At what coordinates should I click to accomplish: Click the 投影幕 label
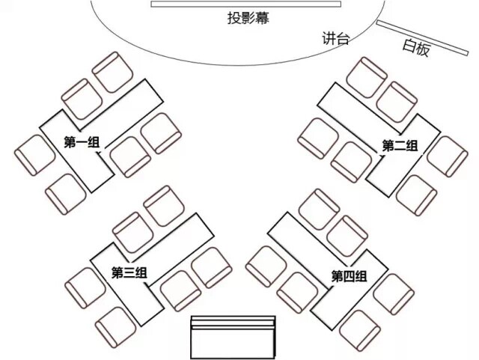248,19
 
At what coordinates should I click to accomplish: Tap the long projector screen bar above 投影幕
245,4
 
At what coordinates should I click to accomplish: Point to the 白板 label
416,47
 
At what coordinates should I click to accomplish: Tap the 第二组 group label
400,145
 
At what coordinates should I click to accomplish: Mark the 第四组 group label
349,276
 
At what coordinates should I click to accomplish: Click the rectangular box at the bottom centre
234,338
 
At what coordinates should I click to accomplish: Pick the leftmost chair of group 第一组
34,155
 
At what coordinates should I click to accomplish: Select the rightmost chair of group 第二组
447,156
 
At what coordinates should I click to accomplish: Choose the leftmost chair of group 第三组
84,284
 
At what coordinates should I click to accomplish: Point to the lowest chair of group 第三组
115,326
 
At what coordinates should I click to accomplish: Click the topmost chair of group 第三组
162,206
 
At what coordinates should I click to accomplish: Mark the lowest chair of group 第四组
360,329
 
